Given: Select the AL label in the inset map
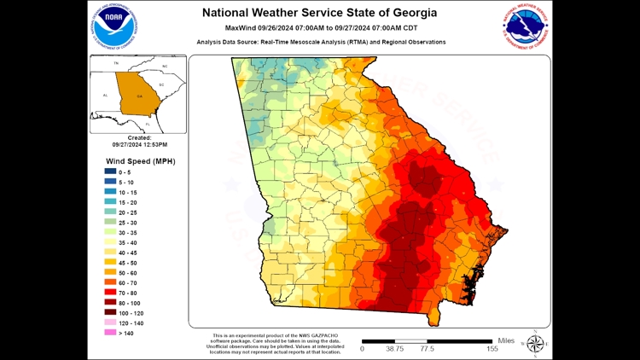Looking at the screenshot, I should pyautogui.click(x=105, y=96).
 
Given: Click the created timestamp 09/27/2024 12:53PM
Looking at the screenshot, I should pyautogui.click(x=139, y=145).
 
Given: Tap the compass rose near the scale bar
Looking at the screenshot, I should pyautogui.click(x=536, y=344).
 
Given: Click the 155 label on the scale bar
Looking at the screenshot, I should pyautogui.click(x=492, y=349).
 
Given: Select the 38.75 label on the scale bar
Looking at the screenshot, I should pyautogui.click(x=393, y=349).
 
